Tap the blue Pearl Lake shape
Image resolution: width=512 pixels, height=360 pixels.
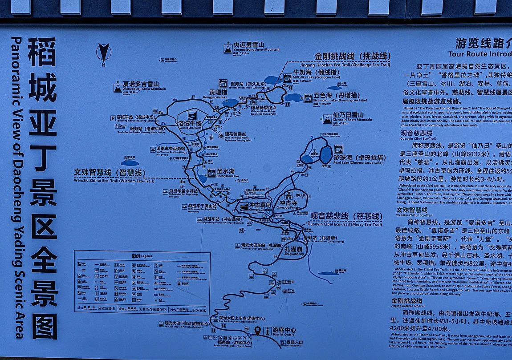[325, 155]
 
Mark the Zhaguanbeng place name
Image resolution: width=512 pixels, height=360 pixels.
[294, 251]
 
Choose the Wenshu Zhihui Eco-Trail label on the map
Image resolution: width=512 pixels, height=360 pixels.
[114, 175]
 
